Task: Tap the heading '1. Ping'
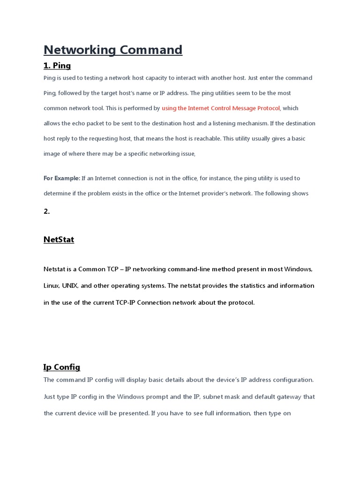(57, 66)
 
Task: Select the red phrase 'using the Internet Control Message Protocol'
(221, 108)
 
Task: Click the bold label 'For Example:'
(62, 178)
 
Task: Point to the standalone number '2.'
(47, 211)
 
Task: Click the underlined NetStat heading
(59, 240)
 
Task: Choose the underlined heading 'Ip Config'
(62, 367)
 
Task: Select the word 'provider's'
(217, 193)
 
